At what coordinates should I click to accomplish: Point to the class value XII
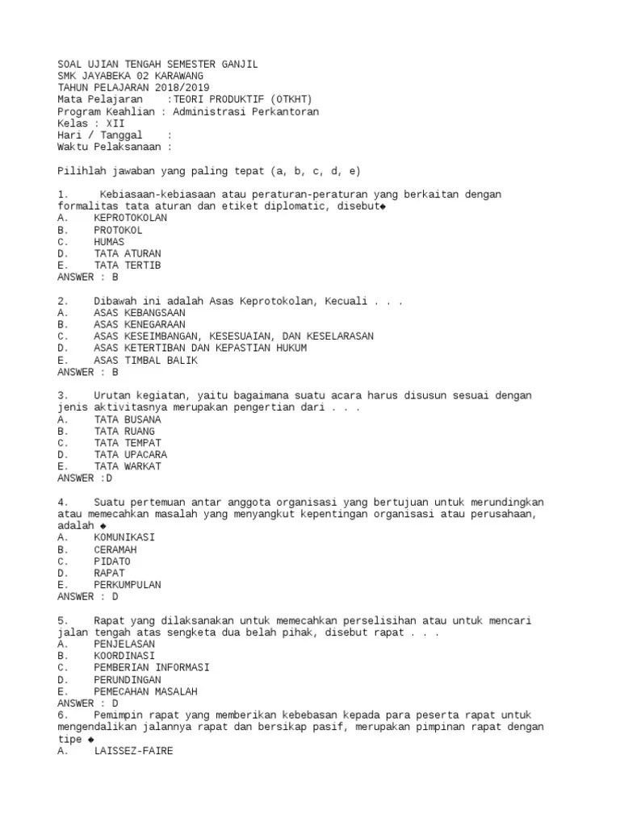[x=115, y=124]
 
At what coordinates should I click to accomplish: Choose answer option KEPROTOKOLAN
[x=130, y=218]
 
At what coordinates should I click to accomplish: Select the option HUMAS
[x=109, y=241]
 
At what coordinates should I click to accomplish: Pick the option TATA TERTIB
[x=127, y=265]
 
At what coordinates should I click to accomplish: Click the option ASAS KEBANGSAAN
[x=139, y=313]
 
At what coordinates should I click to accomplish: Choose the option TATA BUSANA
[x=127, y=419]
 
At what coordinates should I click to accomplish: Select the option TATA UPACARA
[x=130, y=455]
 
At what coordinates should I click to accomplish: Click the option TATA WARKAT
[x=127, y=466]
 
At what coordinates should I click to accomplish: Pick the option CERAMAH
[x=115, y=549]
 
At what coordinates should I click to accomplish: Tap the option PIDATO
[x=112, y=561]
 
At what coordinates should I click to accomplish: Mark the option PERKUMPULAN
[x=127, y=585]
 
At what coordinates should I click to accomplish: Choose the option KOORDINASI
[x=124, y=657]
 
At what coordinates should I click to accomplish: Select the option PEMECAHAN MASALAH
[x=145, y=692]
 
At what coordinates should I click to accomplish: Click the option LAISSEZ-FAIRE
[x=132, y=751]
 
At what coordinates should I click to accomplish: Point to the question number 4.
[x=61, y=502]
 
